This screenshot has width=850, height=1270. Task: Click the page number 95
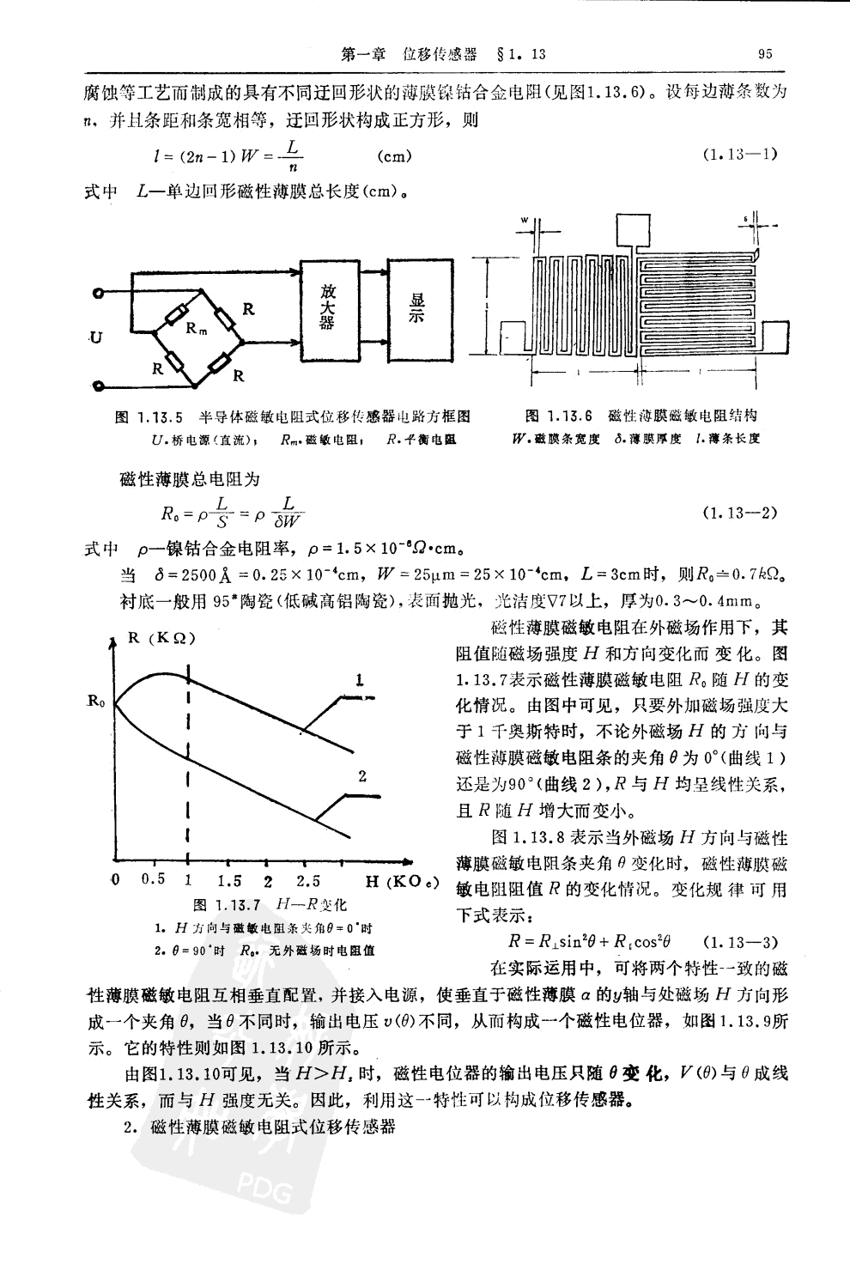[x=765, y=53]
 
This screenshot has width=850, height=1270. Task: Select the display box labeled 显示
[x=418, y=308]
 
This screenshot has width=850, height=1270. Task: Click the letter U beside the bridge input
[x=95, y=337]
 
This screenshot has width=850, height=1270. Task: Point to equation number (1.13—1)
[x=739, y=155]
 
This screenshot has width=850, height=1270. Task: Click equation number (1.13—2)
[x=739, y=513]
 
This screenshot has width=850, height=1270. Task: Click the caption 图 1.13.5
[x=150, y=416]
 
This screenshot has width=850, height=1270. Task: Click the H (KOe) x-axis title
[x=402, y=882]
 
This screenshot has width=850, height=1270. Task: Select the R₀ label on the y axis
[x=95, y=703]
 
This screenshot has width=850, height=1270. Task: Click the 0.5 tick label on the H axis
[x=154, y=879]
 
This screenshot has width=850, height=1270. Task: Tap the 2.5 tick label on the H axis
[x=307, y=881]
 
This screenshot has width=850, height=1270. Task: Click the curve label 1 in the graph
[x=361, y=679]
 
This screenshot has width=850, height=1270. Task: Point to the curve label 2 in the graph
[x=362, y=775]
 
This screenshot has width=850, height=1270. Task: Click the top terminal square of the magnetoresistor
[x=634, y=230]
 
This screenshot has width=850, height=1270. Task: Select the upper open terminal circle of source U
[x=100, y=295]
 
